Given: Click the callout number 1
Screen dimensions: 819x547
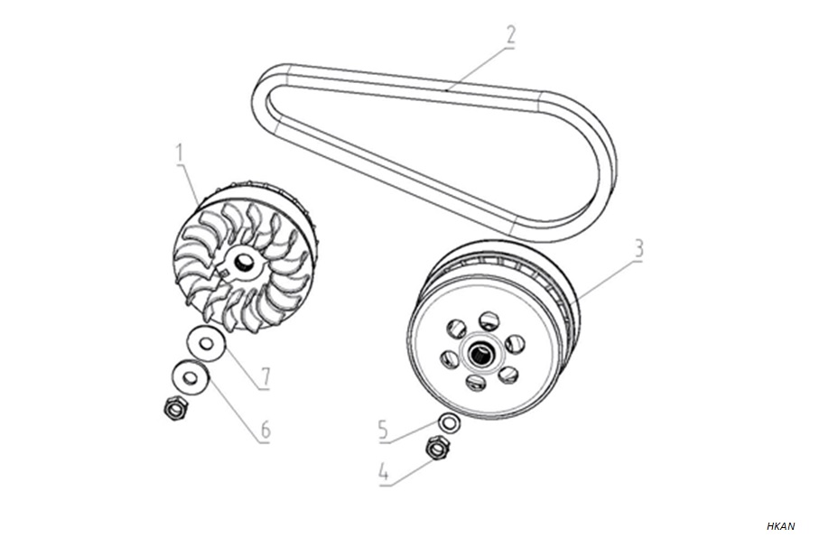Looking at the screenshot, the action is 181,153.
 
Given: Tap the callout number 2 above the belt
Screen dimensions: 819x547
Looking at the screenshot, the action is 510,34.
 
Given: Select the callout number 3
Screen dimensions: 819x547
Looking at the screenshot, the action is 638,249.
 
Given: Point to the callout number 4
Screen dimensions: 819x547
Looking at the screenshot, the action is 384,473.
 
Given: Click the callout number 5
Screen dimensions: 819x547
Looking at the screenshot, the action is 384,431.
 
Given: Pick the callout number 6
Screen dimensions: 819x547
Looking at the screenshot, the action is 265,431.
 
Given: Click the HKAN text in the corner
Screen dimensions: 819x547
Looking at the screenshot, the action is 780,526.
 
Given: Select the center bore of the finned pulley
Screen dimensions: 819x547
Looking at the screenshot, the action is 242,262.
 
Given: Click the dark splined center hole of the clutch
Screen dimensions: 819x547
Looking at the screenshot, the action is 479,355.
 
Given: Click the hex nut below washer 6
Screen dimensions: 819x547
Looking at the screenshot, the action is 174,408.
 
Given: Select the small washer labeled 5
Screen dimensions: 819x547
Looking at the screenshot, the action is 449,422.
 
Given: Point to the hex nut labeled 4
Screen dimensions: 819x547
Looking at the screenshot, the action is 438,449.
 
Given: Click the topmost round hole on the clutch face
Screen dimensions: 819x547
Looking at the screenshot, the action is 489,321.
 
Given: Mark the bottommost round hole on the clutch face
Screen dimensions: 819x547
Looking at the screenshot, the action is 476,383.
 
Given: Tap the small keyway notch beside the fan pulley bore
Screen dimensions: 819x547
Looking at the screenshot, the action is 223,271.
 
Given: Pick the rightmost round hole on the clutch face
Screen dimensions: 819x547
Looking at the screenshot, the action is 515,344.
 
